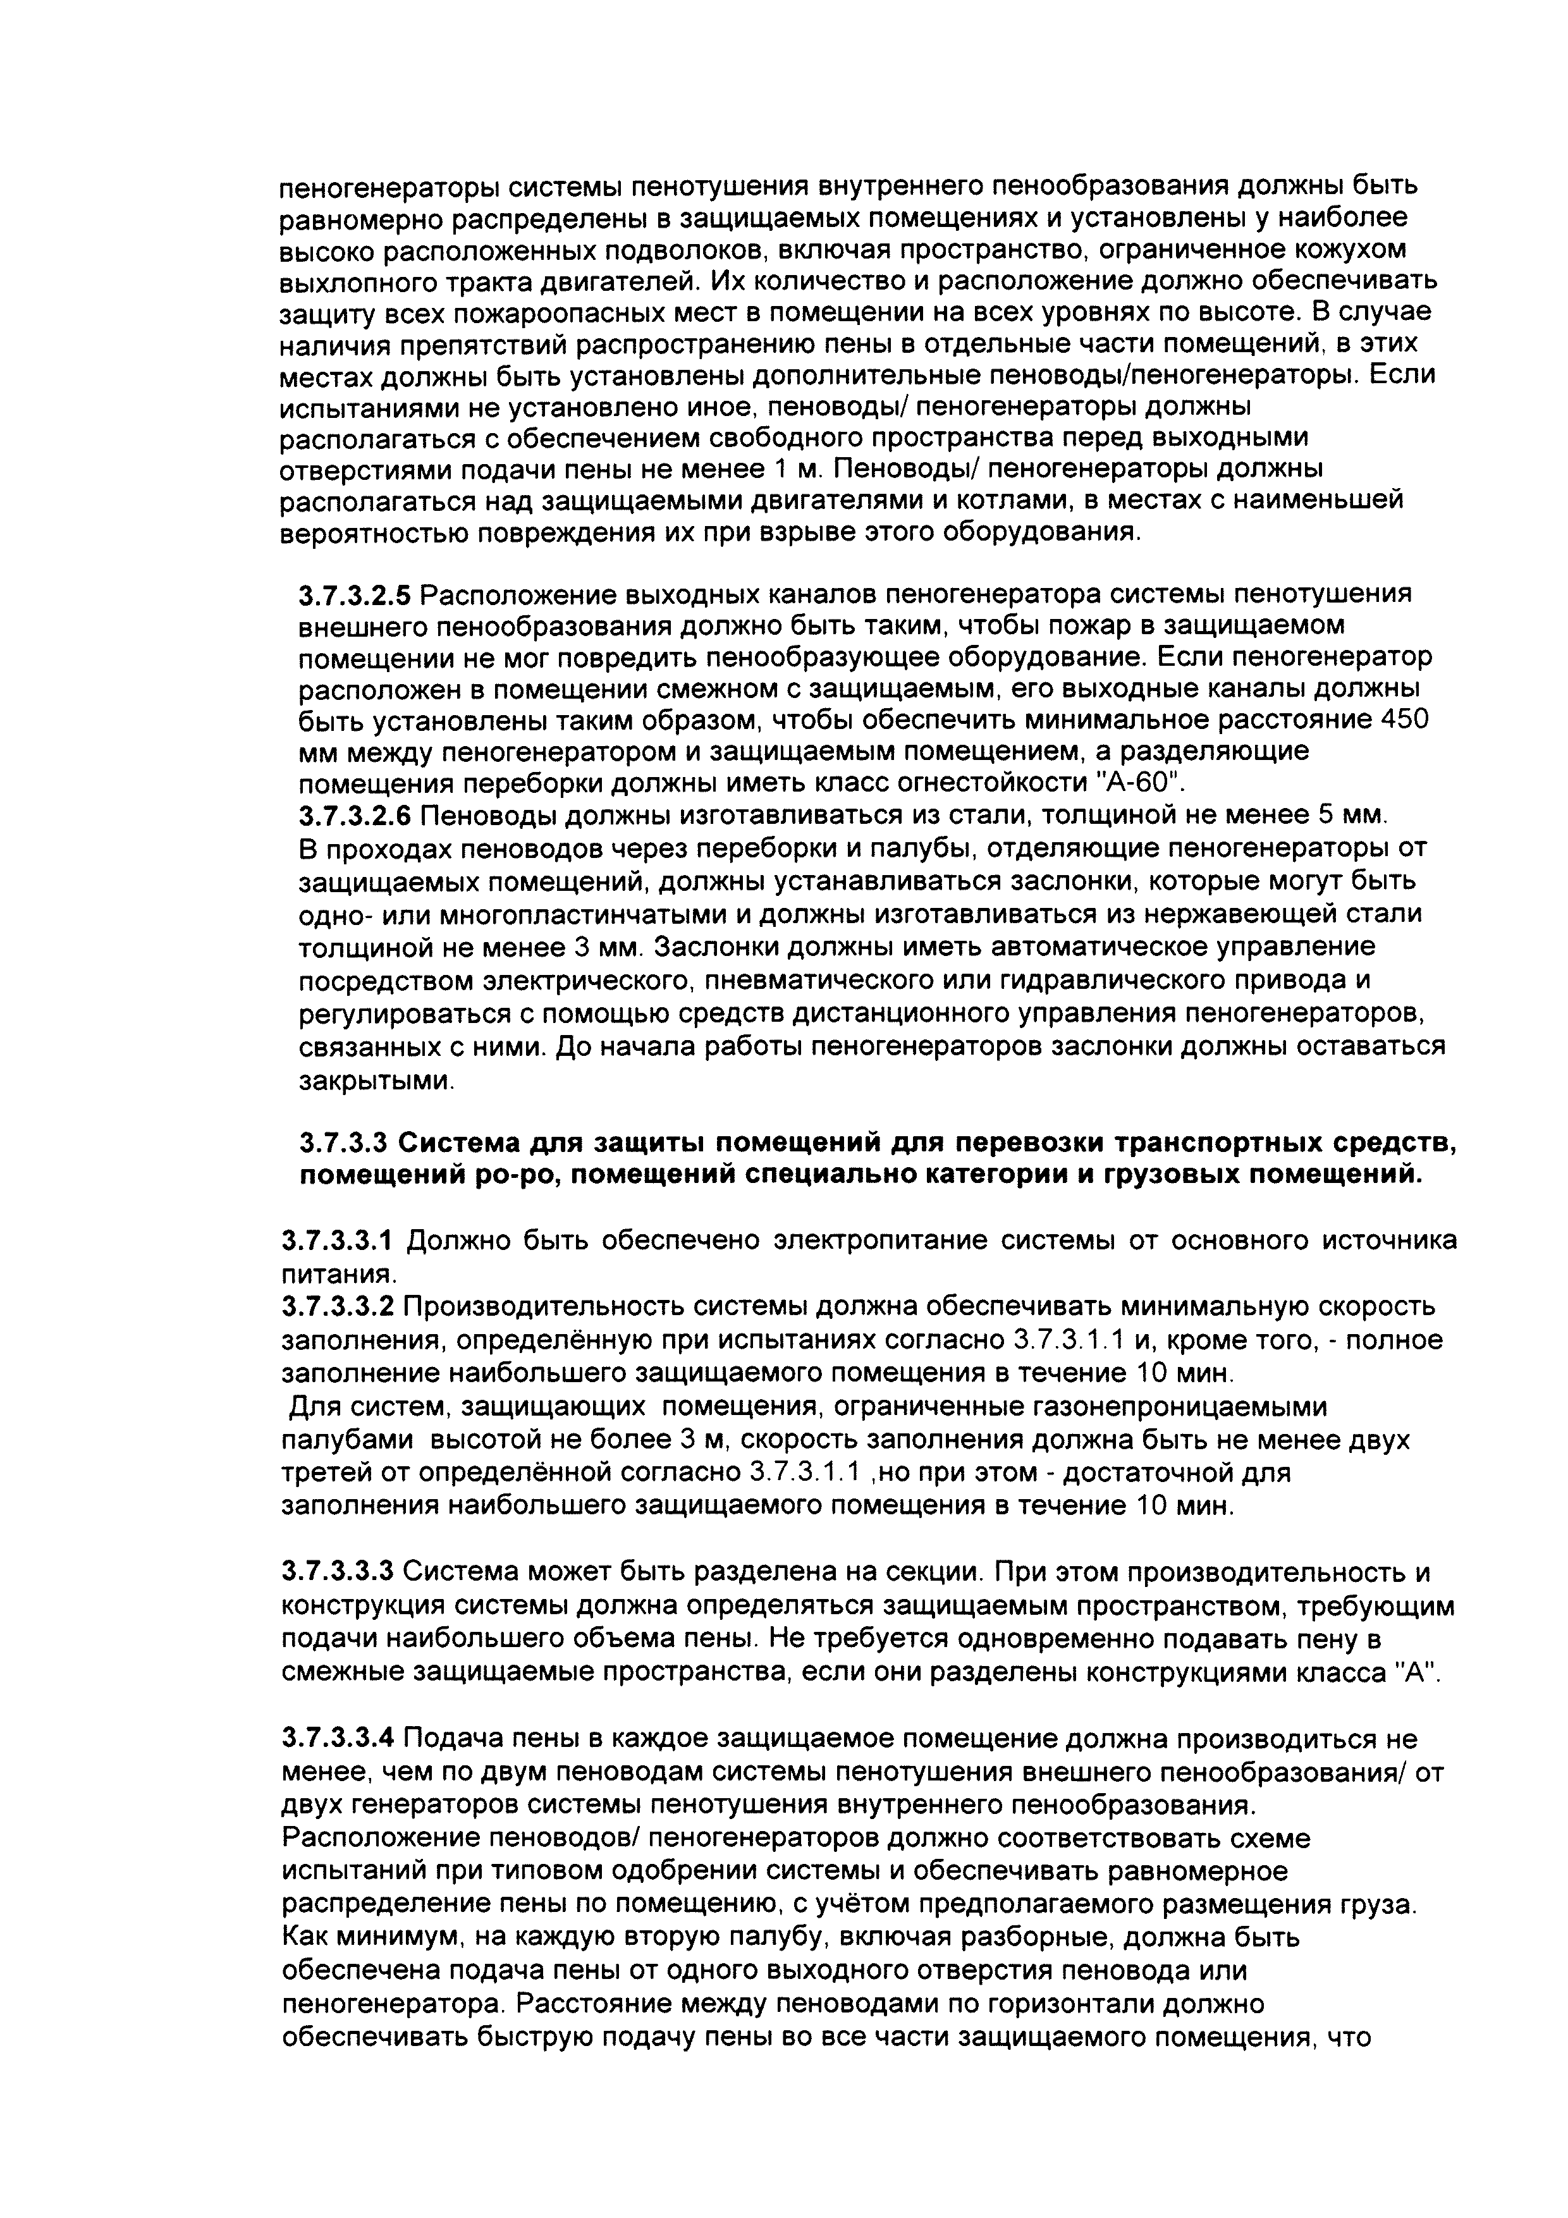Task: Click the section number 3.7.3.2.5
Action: coord(353,594)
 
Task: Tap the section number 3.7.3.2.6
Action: coord(353,816)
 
